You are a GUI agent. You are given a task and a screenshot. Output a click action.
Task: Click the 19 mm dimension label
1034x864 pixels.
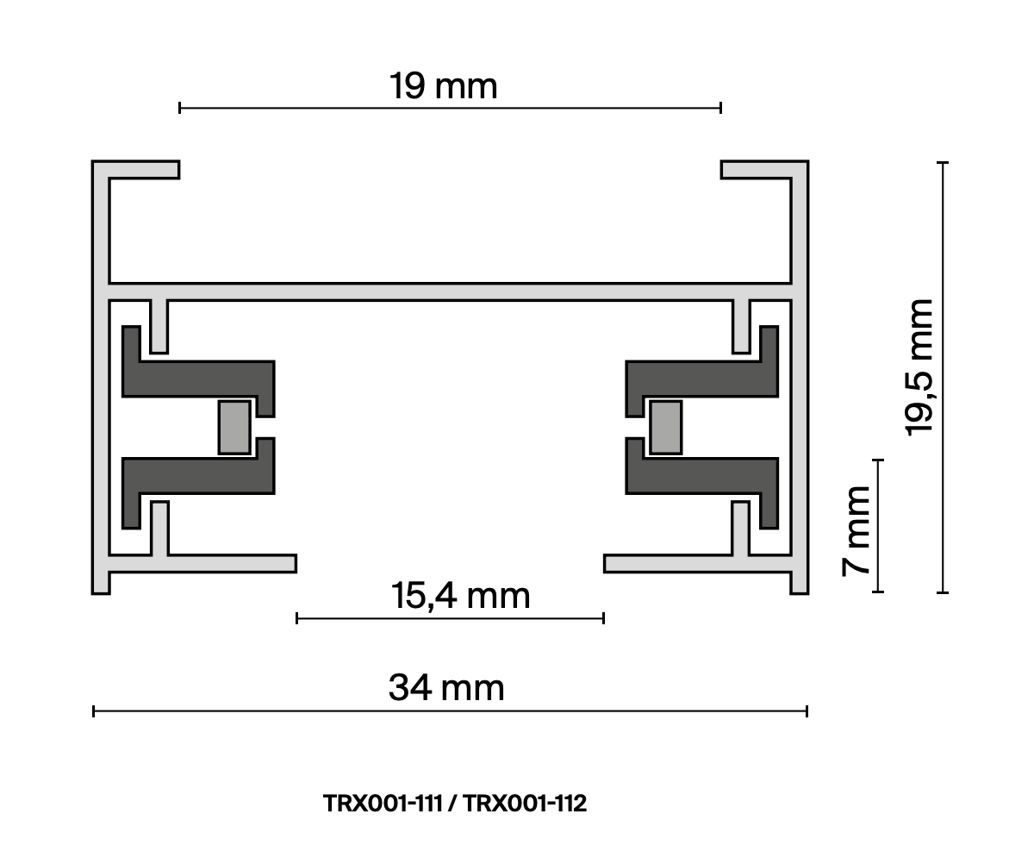[x=443, y=86]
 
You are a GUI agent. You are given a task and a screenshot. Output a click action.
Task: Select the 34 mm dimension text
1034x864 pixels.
[x=445, y=688]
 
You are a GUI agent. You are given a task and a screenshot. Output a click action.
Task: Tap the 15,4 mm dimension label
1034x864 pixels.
[x=460, y=596]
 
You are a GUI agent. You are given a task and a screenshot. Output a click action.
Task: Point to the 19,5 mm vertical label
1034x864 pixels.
[x=920, y=368]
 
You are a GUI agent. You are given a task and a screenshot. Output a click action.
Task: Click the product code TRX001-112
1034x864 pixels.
[x=525, y=804]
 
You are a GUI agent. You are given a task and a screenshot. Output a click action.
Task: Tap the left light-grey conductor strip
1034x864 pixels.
[x=234, y=427]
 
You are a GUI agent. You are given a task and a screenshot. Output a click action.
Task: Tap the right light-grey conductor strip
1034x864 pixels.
[x=665, y=427]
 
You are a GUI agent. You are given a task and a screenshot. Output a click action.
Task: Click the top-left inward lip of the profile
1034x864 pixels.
[x=142, y=170]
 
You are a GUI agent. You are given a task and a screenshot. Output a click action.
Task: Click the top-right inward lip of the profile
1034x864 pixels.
[x=757, y=170]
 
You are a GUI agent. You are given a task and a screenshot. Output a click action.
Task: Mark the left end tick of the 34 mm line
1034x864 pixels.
[x=93, y=711]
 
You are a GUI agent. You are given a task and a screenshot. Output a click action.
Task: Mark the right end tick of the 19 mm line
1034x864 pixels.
[x=720, y=108]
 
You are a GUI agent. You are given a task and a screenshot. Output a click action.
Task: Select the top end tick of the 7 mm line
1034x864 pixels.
[x=879, y=461]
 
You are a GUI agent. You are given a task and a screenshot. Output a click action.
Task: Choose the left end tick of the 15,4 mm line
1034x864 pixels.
[x=297, y=617]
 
